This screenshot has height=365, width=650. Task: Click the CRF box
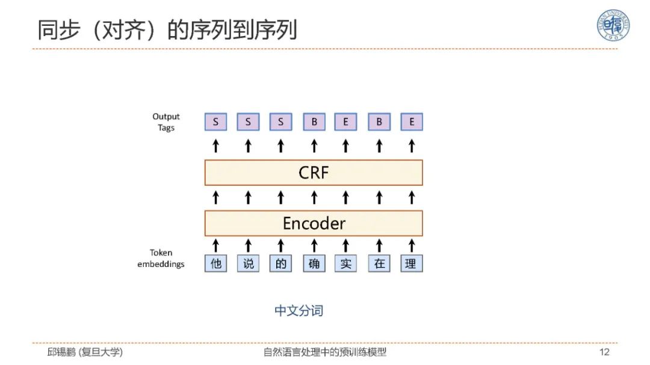click(x=314, y=173)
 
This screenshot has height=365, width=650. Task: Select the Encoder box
click(x=314, y=223)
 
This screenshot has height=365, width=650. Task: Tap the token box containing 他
click(x=216, y=263)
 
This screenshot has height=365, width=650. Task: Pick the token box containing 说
click(x=249, y=263)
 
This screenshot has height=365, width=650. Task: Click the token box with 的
click(x=281, y=263)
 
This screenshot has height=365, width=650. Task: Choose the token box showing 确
click(x=314, y=263)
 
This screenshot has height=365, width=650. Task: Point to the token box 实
click(x=346, y=263)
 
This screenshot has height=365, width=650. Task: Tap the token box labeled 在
click(x=379, y=263)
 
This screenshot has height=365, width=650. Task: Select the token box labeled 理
click(x=411, y=263)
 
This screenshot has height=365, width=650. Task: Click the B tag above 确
click(x=314, y=123)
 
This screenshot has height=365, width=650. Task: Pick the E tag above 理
click(x=412, y=123)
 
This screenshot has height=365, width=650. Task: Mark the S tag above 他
click(x=216, y=123)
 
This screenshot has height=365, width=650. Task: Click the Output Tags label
click(x=166, y=122)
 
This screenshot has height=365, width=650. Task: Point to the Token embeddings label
click(x=161, y=259)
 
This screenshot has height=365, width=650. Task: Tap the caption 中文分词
click(x=299, y=311)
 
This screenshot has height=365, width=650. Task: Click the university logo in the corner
click(x=613, y=26)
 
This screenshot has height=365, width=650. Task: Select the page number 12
click(x=604, y=352)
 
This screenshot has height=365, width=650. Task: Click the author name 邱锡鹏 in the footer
click(x=62, y=352)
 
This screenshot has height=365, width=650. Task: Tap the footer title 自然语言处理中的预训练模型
click(x=325, y=352)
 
